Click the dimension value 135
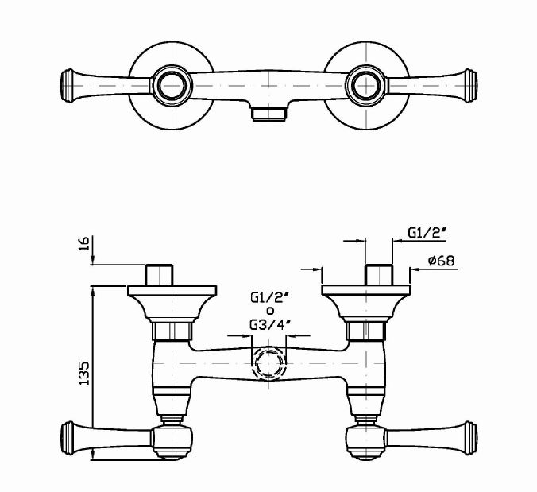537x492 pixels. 85,370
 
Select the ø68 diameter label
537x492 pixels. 439,260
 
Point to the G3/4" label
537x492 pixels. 269,324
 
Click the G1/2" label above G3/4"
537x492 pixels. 268,298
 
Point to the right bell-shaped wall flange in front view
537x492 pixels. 366,303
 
